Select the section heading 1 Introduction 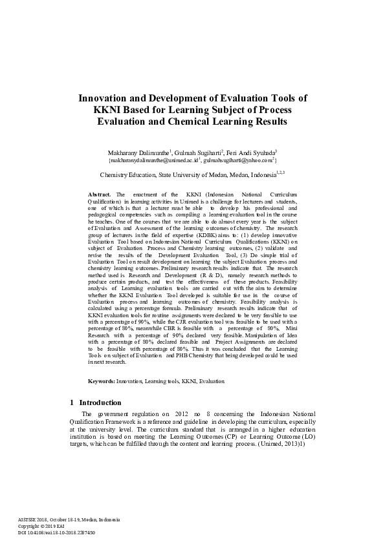pos(95,403)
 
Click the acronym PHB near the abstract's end pos(184,355)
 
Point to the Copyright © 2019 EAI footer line pos(36,526)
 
